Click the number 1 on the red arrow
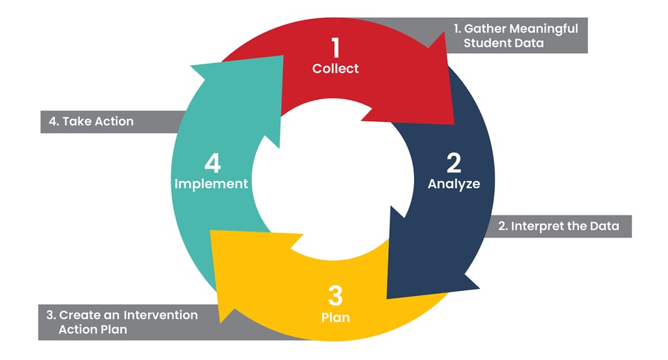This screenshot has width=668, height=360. point(336,48)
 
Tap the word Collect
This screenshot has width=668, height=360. point(335,68)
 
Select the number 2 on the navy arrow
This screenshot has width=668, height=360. point(454,164)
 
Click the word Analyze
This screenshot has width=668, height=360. point(454,185)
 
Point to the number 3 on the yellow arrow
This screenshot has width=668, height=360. point(335,297)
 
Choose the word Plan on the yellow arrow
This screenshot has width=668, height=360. point(335,318)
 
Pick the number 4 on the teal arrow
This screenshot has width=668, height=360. point(212,164)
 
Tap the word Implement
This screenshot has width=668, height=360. point(211,185)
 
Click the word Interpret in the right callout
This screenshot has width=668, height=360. point(539,226)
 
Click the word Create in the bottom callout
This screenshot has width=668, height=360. point(77,315)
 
